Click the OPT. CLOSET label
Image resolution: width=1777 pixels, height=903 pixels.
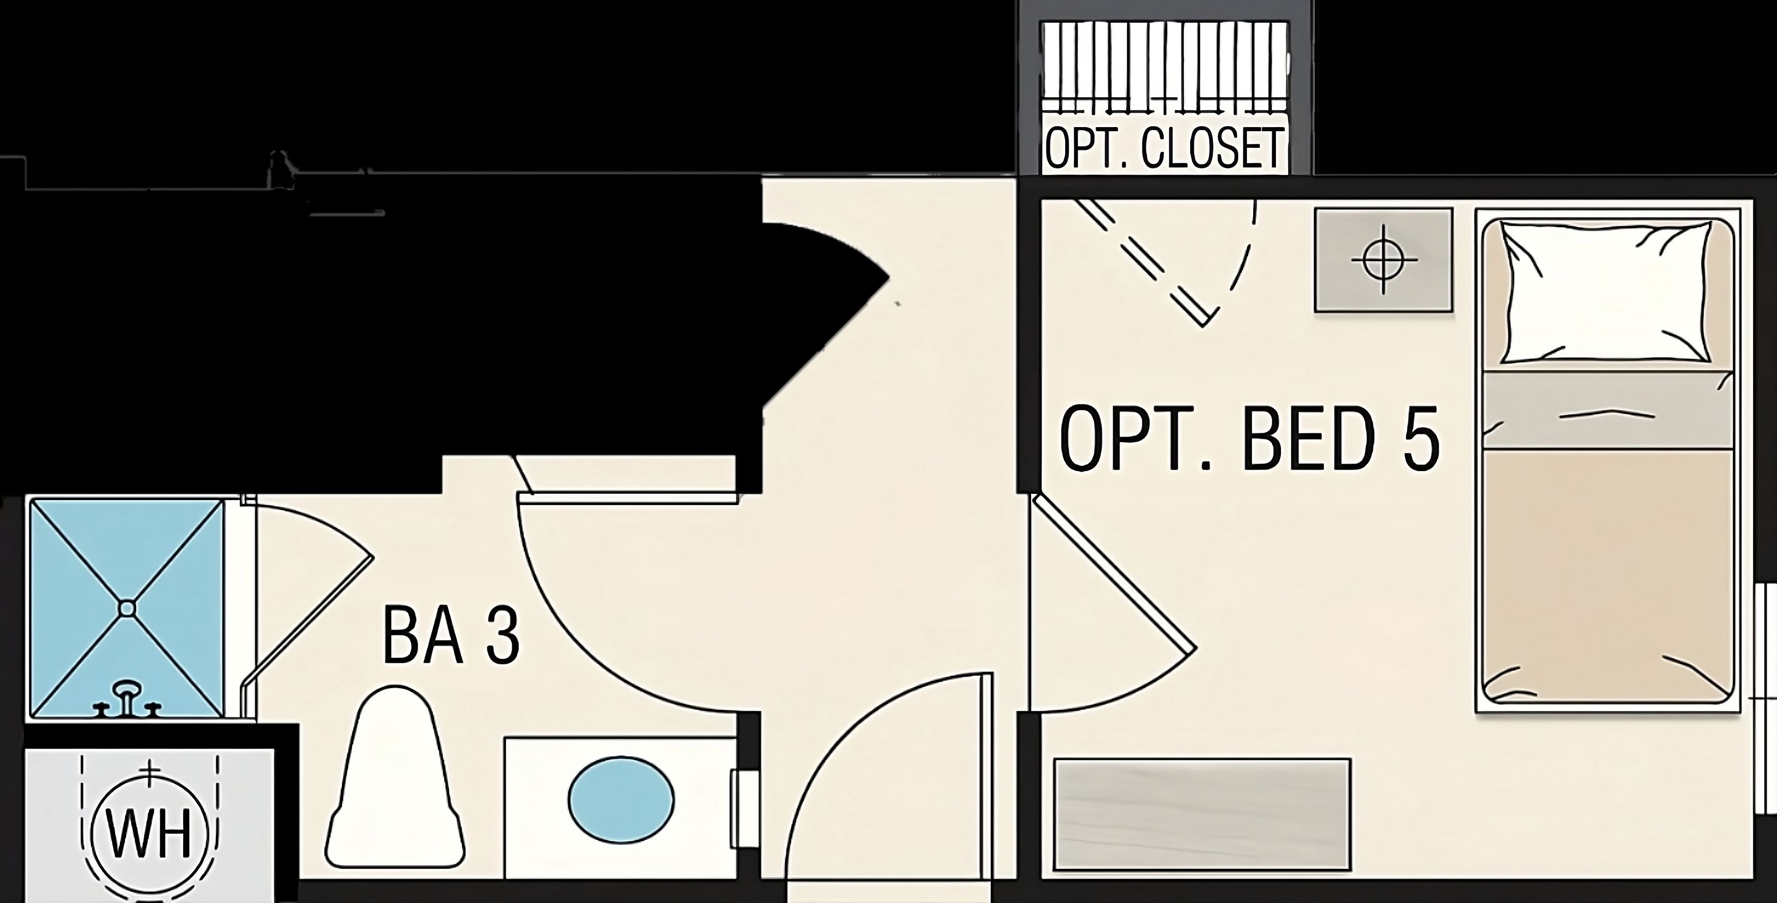click(1164, 148)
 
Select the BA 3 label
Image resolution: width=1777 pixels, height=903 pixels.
click(450, 635)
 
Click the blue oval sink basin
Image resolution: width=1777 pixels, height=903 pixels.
click(621, 800)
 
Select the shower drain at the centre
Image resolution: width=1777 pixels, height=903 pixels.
click(127, 608)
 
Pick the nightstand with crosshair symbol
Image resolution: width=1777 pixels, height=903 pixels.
click(1383, 260)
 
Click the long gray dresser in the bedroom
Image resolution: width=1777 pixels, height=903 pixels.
click(1202, 814)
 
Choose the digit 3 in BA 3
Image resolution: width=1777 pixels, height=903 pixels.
click(502, 635)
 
